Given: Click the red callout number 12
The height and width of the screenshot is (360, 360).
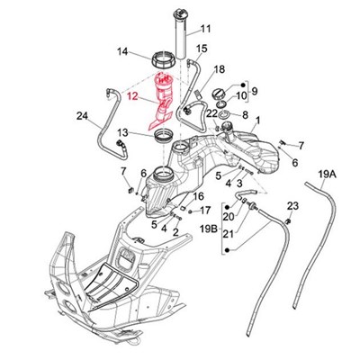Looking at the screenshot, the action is [x=132, y=96].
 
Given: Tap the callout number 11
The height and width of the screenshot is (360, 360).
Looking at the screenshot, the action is [x=206, y=29].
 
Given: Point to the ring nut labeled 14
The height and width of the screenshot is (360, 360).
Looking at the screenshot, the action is [x=164, y=60].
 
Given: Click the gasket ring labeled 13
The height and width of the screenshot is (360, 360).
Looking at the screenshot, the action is [x=164, y=135].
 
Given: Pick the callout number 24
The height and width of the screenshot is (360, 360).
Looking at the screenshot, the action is [x=83, y=115].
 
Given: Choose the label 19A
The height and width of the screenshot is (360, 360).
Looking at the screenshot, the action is [x=325, y=174].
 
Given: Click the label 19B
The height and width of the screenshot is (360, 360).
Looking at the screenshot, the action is [x=209, y=229].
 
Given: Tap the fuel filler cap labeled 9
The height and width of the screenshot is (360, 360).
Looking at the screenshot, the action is [x=219, y=94].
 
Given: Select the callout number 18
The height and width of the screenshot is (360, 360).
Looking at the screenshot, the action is [x=220, y=69].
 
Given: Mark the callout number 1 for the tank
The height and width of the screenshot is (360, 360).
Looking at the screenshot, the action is [x=257, y=121].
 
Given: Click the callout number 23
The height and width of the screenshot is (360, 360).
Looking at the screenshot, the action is [x=292, y=206].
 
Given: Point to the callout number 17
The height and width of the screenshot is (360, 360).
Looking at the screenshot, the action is [x=205, y=211].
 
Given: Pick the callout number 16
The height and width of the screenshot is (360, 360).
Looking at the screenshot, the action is [x=199, y=196].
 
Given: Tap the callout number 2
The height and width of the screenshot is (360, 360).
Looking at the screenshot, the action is [x=175, y=231].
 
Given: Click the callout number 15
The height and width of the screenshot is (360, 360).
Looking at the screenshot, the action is [x=202, y=49].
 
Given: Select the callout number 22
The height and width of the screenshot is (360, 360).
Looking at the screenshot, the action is [x=211, y=113].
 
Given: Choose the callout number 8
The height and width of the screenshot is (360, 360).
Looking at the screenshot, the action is [x=245, y=114].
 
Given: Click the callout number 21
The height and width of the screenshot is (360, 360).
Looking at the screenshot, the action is [x=229, y=233].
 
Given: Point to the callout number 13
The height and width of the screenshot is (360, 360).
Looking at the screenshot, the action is [x=122, y=132].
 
